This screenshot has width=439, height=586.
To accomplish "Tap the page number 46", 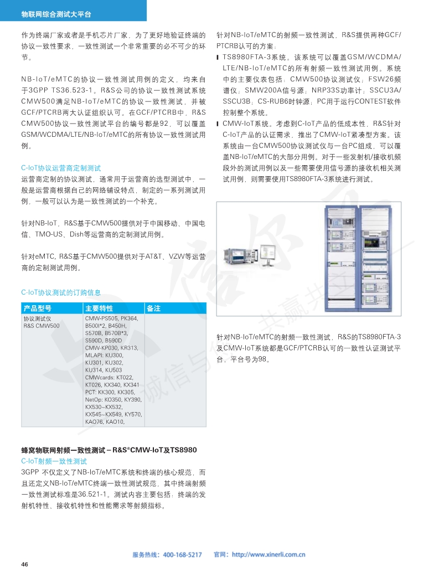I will (24, 564).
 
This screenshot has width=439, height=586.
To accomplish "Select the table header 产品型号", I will (37, 309).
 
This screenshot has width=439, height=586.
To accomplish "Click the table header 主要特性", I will (99, 309).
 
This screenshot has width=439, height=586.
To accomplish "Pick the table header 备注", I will (153, 309).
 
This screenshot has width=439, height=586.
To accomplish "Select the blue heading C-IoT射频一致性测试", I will (54, 461).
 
